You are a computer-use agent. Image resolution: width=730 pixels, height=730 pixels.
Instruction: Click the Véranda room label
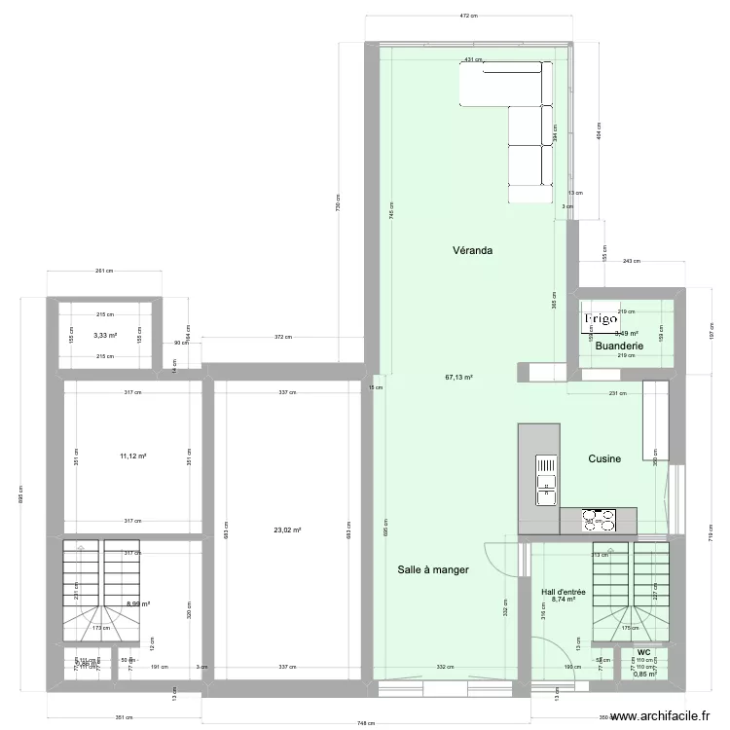(472, 250)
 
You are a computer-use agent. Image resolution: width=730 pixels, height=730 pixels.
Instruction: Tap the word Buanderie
(618, 346)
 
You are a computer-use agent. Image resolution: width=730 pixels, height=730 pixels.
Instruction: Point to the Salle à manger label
(433, 570)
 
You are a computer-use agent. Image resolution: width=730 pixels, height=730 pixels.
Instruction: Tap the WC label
(643, 653)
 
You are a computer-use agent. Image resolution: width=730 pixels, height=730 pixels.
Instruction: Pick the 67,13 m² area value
(458, 378)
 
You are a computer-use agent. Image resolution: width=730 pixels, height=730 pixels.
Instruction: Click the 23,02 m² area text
(287, 530)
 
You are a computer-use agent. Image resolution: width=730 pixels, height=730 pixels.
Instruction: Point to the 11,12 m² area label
(132, 456)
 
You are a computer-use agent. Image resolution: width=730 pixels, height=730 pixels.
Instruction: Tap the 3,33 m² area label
(105, 336)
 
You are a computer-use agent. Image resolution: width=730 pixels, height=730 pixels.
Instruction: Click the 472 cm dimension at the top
(467, 17)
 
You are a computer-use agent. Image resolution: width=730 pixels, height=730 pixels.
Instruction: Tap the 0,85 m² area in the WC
(644, 674)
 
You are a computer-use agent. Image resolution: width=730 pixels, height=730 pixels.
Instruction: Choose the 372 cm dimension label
(282, 338)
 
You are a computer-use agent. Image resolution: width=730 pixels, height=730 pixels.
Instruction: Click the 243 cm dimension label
(631, 261)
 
